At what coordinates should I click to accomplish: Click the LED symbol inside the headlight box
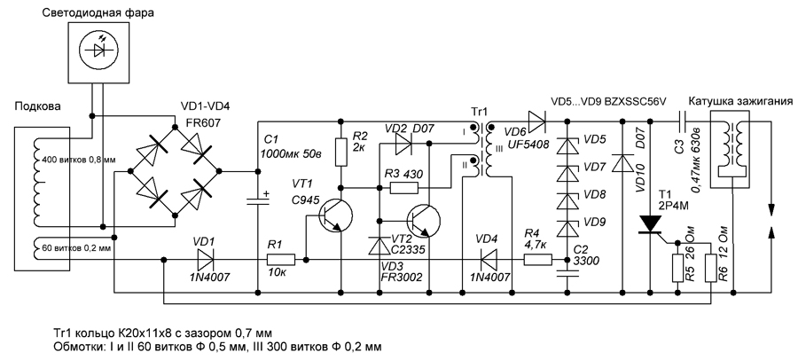coord(98,49)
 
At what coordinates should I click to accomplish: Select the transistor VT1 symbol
coord(335,215)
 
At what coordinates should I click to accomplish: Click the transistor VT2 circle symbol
coord(424,221)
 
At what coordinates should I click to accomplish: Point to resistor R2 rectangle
coord(341,152)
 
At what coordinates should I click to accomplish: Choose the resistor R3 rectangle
coord(404,188)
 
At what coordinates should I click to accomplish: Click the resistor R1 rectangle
coord(281,260)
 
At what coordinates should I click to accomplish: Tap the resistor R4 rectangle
coord(538,260)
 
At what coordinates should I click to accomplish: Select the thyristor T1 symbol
coord(651,224)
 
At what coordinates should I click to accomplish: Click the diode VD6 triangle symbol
coord(536,121)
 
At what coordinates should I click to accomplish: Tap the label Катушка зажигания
coord(740,101)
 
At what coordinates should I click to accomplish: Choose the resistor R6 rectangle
coord(710,268)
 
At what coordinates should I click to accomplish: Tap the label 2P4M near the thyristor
coord(671,206)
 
